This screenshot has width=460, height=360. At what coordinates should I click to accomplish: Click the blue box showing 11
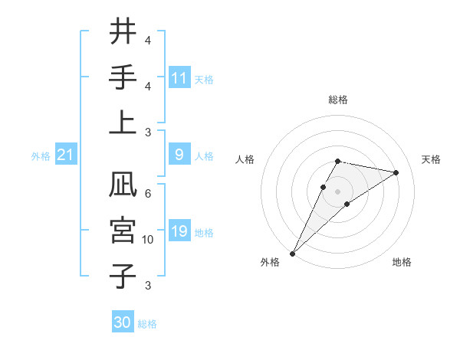(179, 78)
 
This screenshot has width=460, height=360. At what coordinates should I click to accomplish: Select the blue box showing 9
(179, 155)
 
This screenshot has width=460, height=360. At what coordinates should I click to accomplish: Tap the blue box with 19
(179, 232)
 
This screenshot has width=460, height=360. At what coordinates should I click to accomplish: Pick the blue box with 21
(66, 155)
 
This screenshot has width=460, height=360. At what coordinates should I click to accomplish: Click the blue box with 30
(123, 322)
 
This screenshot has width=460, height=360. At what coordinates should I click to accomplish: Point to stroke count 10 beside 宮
(148, 240)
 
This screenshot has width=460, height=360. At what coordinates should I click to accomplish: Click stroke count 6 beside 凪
(148, 194)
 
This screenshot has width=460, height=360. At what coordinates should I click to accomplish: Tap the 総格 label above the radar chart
(337, 100)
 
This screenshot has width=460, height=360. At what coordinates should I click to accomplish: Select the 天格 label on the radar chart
(431, 159)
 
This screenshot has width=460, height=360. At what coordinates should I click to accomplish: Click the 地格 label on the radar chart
(402, 262)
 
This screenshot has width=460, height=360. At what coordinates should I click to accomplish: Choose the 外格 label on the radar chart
(270, 262)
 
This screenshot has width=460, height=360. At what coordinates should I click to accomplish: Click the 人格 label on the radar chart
(245, 159)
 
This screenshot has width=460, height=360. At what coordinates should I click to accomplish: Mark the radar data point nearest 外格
(293, 253)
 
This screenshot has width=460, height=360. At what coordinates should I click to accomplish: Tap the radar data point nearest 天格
(396, 172)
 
